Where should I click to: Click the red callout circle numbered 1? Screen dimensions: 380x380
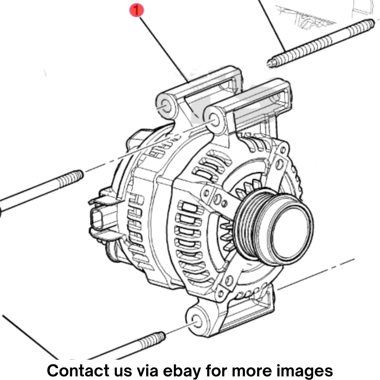(x=136, y=10)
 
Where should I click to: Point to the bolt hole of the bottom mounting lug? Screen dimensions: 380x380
(x=197, y=321)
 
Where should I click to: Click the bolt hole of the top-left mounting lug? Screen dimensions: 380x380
(x=166, y=106)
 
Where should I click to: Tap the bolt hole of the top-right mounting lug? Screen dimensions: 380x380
(x=214, y=121)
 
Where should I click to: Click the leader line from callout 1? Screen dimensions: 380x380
(x=164, y=50)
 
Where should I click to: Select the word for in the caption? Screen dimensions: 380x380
(x=216, y=370)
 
